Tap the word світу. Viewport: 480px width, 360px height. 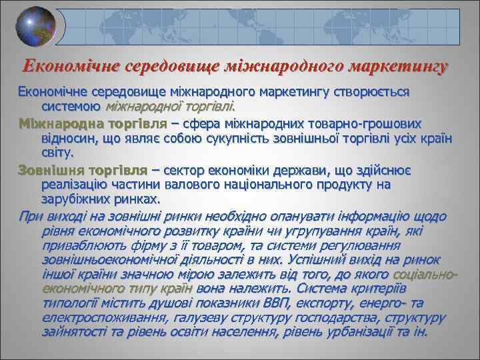click(58, 152)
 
